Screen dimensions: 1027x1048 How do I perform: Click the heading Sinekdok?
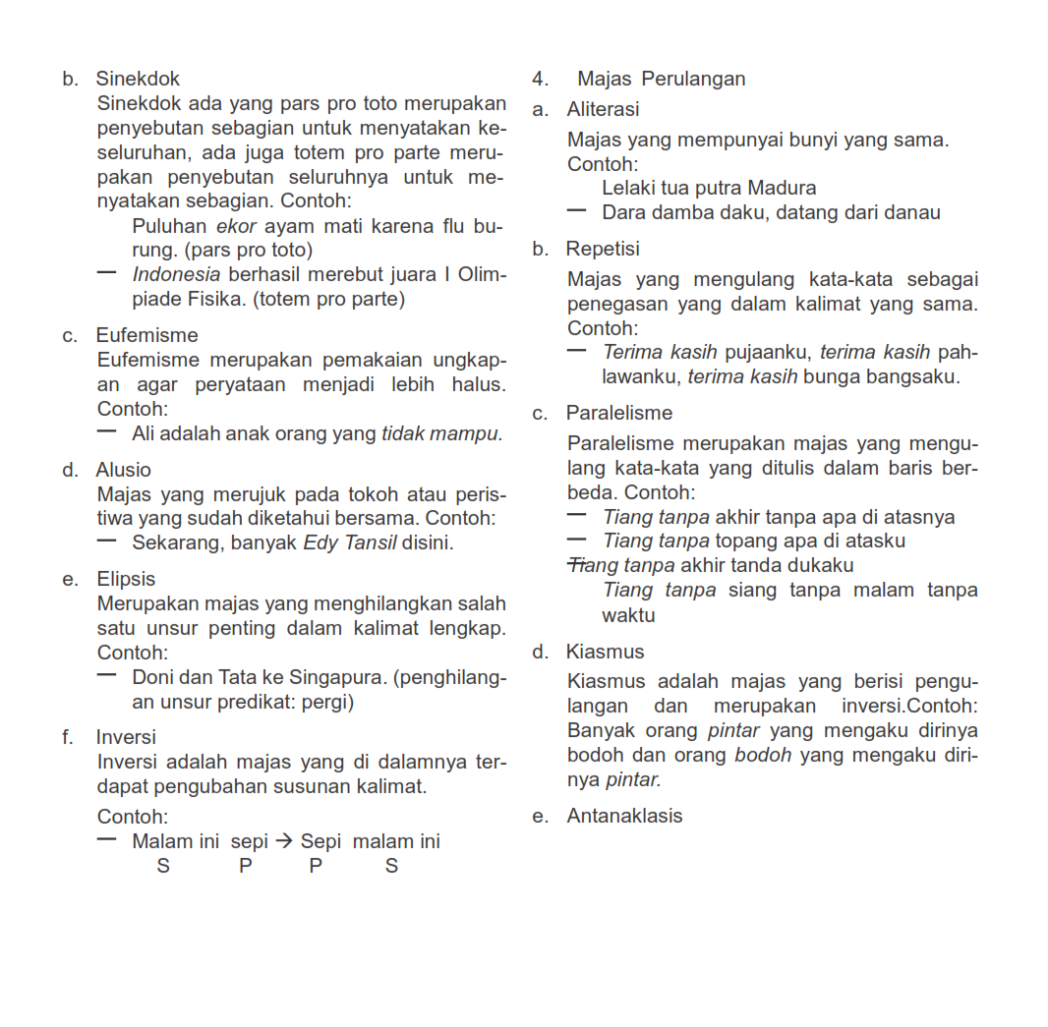coord(138,79)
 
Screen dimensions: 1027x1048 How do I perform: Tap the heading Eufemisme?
coord(146,336)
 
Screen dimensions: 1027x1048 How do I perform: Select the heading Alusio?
coord(124,471)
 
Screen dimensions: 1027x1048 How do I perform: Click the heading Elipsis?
coord(126,580)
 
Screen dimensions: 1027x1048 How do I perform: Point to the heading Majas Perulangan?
coord(661,79)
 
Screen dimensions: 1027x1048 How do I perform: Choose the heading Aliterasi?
coord(603,109)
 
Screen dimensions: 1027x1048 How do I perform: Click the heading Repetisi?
coord(603,250)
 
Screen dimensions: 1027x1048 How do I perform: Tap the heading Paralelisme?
coord(619,413)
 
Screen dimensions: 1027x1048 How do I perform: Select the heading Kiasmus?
coord(606,652)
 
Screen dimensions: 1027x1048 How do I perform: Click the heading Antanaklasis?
coord(624,816)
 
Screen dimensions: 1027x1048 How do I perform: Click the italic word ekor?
coord(236,226)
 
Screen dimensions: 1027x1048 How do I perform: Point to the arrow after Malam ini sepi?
coord(284,841)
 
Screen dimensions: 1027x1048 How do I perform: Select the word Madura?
coord(782,188)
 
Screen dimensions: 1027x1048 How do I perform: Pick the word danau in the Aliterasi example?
coord(914,212)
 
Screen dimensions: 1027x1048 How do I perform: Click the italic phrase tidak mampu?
coord(441,433)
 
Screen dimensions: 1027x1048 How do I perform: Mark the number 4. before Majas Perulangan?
coord(540,79)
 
